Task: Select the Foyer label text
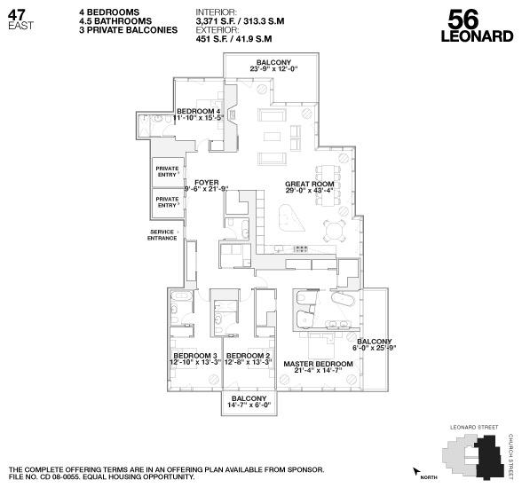(206, 185)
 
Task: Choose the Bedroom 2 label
(248, 358)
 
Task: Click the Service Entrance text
(162, 235)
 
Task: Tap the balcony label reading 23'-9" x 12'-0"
(274, 67)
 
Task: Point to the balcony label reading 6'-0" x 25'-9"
(375, 345)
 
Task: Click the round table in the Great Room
(335, 232)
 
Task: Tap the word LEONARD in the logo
(477, 37)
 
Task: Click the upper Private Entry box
(167, 172)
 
